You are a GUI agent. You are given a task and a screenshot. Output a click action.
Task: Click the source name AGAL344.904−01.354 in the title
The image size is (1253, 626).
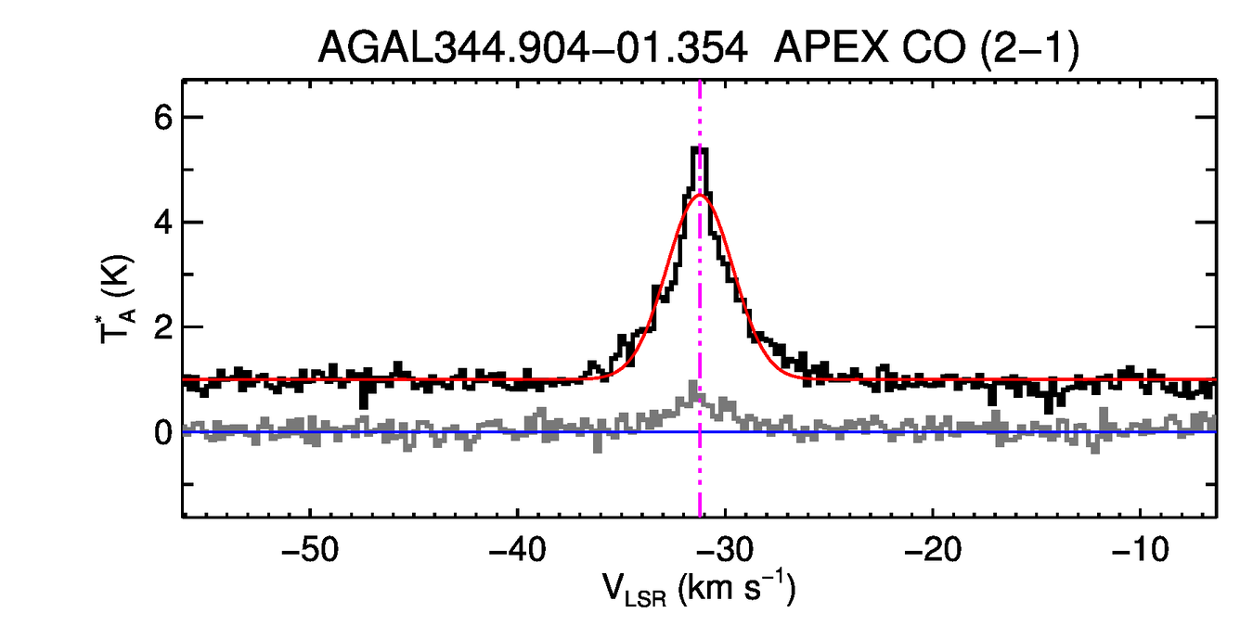pos(533,47)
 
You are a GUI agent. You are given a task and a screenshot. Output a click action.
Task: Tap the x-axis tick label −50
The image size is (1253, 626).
pos(307,548)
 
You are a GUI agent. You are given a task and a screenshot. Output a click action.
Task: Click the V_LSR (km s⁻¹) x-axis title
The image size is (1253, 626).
pos(699,590)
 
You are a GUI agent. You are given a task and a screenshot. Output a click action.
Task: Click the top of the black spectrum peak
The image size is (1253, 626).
pos(700,149)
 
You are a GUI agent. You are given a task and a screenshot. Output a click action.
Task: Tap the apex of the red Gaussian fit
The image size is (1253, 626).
pos(702,195)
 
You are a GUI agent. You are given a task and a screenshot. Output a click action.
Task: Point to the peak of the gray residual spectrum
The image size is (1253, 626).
pos(692,384)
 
